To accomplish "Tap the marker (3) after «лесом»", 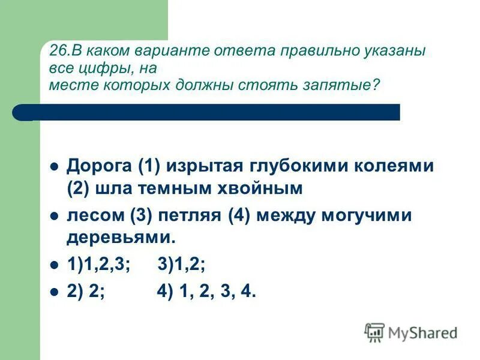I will point(132,216).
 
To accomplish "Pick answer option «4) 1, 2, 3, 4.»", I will point(206,292).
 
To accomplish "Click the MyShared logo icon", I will point(374,332).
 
